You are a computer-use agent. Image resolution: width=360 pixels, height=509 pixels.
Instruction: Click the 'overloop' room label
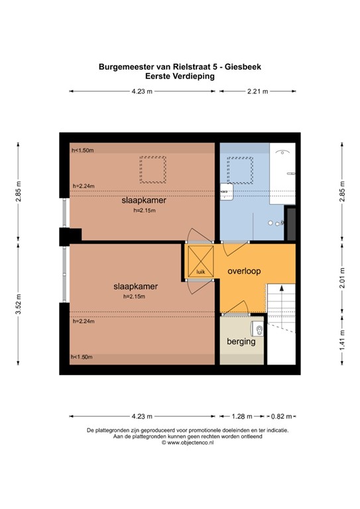[x=245, y=272]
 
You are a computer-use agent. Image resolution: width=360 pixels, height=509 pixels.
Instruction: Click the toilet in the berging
[x=257, y=328]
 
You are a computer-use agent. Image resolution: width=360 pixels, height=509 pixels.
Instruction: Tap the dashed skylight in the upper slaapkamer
[x=153, y=170]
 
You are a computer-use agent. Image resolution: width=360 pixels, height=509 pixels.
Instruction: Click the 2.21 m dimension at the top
[x=257, y=92]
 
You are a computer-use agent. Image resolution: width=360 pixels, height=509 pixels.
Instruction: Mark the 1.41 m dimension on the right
[x=342, y=341]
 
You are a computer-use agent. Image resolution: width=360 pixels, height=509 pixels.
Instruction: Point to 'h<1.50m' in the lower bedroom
[x=83, y=357]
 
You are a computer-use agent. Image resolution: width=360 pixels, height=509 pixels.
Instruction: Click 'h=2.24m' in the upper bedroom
[x=83, y=186]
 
